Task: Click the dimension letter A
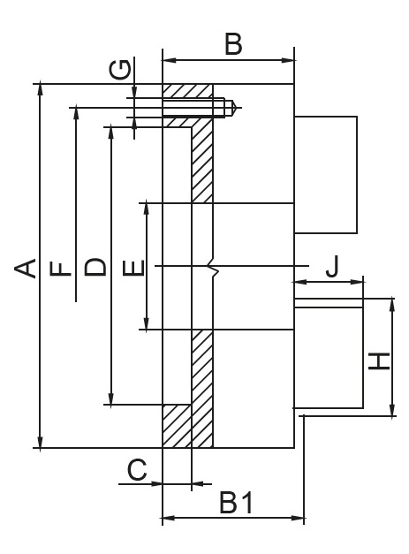26,269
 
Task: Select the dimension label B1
236,503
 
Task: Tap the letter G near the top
120,70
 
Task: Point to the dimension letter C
137,469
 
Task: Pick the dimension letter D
95,267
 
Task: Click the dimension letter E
134,268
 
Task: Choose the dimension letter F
61,269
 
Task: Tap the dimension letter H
379,361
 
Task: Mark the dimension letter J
332,266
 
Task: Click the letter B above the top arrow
233,44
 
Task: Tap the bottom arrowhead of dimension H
392,411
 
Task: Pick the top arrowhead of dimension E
147,209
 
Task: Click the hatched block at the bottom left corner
177,426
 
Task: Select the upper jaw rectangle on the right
326,175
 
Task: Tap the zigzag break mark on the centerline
213,265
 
